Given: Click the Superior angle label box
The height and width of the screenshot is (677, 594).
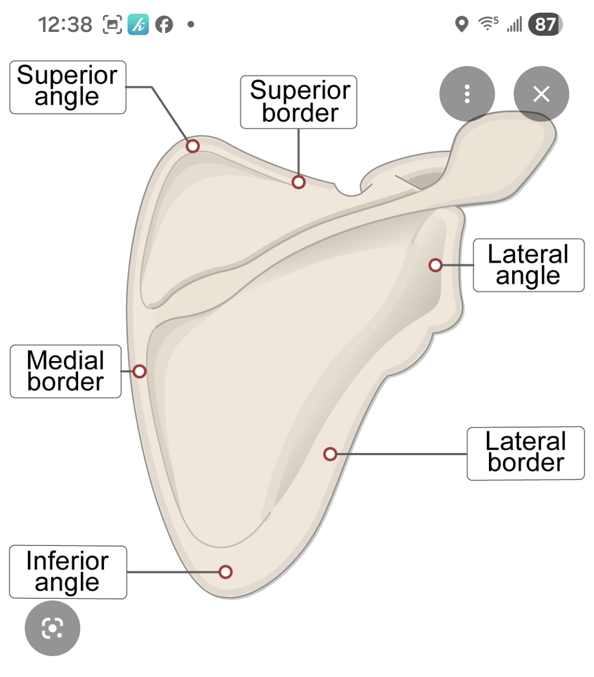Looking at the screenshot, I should (68, 87).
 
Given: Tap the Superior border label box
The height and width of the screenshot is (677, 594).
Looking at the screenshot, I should (299, 102).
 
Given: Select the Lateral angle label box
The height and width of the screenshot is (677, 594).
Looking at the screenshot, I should (528, 265).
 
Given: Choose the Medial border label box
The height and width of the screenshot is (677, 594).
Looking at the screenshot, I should (65, 372).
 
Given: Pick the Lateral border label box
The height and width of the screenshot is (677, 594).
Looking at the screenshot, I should (525, 453).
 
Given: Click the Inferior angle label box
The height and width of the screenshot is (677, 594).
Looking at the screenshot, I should (68, 572).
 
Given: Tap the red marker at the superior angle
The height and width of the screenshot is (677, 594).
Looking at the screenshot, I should (193, 146).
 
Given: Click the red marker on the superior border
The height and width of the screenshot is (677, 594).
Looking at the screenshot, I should (299, 182).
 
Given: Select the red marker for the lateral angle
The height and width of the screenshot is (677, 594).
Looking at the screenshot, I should (435, 265).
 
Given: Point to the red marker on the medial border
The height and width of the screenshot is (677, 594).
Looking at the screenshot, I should (140, 372).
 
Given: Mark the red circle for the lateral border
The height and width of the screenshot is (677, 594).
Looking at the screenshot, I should (330, 454).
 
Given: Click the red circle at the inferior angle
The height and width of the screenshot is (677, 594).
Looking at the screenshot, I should (225, 572).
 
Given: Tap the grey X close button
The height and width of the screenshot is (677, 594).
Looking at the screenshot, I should (541, 94).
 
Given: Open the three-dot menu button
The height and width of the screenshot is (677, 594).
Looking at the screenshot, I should (467, 94).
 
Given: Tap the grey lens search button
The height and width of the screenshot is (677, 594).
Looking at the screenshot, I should (52, 628).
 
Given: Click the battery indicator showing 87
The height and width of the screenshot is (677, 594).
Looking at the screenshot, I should (545, 24).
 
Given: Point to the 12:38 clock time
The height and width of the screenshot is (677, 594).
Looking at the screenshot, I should (65, 24).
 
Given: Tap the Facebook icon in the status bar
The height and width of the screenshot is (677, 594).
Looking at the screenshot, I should (164, 24).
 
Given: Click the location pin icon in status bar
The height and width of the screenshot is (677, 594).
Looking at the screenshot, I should (462, 24).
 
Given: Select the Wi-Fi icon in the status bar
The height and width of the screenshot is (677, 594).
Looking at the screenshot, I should (487, 24).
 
